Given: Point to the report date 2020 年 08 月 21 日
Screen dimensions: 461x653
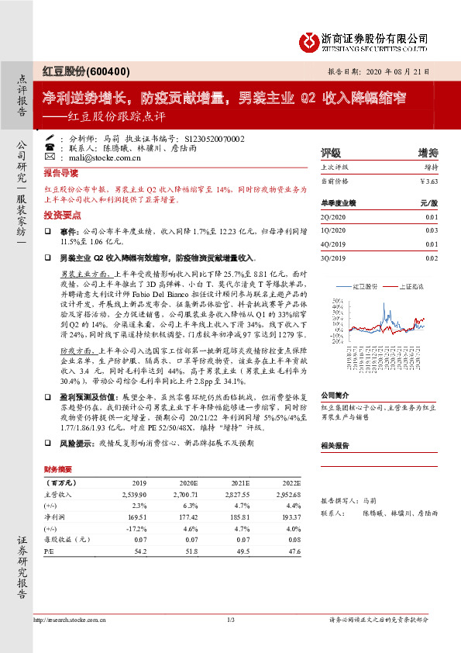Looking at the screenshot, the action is click(396, 71).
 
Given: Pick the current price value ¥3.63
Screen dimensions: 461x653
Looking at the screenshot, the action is click(428, 181).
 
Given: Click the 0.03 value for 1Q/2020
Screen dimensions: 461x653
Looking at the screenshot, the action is click(432, 230).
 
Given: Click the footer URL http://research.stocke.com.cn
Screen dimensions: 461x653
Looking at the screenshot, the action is click(74, 619).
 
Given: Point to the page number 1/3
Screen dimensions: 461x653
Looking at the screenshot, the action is click(230, 619).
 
